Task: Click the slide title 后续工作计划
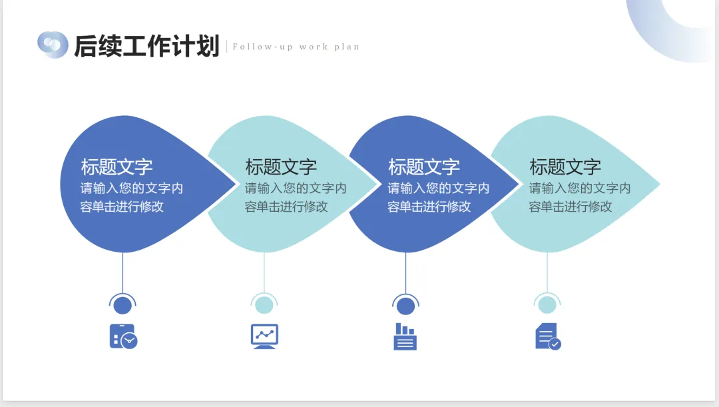(x=146, y=46)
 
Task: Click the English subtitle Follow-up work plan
(x=296, y=47)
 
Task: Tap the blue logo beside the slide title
(x=53, y=45)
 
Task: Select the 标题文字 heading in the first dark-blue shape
(x=117, y=167)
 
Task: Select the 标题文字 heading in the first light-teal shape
(x=281, y=167)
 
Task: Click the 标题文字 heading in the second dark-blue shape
(x=424, y=167)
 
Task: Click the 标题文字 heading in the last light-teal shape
(x=565, y=167)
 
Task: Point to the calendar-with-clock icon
(x=123, y=336)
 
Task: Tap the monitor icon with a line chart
(x=264, y=336)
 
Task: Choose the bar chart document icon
(x=405, y=336)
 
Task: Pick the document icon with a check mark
(x=547, y=336)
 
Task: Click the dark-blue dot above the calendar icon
(x=122, y=305)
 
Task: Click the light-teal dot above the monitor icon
(x=264, y=305)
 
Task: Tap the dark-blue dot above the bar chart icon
(x=405, y=305)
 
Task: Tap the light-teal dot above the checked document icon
(x=547, y=305)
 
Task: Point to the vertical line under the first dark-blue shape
(x=122, y=273)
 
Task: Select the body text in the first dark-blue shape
(x=131, y=197)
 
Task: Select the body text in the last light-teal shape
(x=579, y=197)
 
